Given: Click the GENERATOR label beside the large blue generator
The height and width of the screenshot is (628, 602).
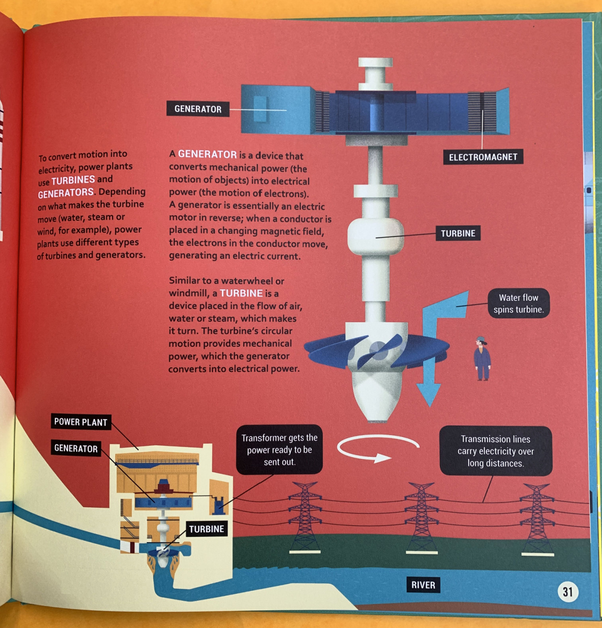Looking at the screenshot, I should coord(198,109).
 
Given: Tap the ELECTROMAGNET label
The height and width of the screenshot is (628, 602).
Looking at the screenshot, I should coord(483,157).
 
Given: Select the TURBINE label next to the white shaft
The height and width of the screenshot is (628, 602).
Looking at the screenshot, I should coord(458,233).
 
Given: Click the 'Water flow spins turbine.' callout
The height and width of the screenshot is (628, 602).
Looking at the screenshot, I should coord(518,304).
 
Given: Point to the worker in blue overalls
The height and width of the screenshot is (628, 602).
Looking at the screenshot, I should coord(482,359).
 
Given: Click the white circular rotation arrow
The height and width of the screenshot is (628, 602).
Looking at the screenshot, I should coord(378,448).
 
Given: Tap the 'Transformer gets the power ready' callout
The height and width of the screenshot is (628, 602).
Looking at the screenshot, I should coord(279,450).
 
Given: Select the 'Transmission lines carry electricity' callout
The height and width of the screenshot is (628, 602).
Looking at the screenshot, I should coord(495,451).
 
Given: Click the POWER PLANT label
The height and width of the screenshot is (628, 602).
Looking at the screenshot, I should coord(81,422).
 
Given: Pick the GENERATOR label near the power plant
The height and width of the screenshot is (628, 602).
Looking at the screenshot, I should coord(76,448).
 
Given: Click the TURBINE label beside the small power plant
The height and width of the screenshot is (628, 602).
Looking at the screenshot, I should coord(207,529).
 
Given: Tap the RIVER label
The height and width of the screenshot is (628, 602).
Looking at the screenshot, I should coord(423,585).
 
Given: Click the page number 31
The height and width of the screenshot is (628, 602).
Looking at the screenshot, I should coord(568,592).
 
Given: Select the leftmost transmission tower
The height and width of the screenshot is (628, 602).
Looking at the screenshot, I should coord(305,515).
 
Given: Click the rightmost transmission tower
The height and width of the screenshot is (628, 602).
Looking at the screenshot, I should coord(537,518).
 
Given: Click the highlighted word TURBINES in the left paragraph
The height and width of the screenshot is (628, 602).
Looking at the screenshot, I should coord(73,180).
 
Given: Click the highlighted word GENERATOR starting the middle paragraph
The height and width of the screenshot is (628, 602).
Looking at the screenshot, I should coord(207,154).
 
